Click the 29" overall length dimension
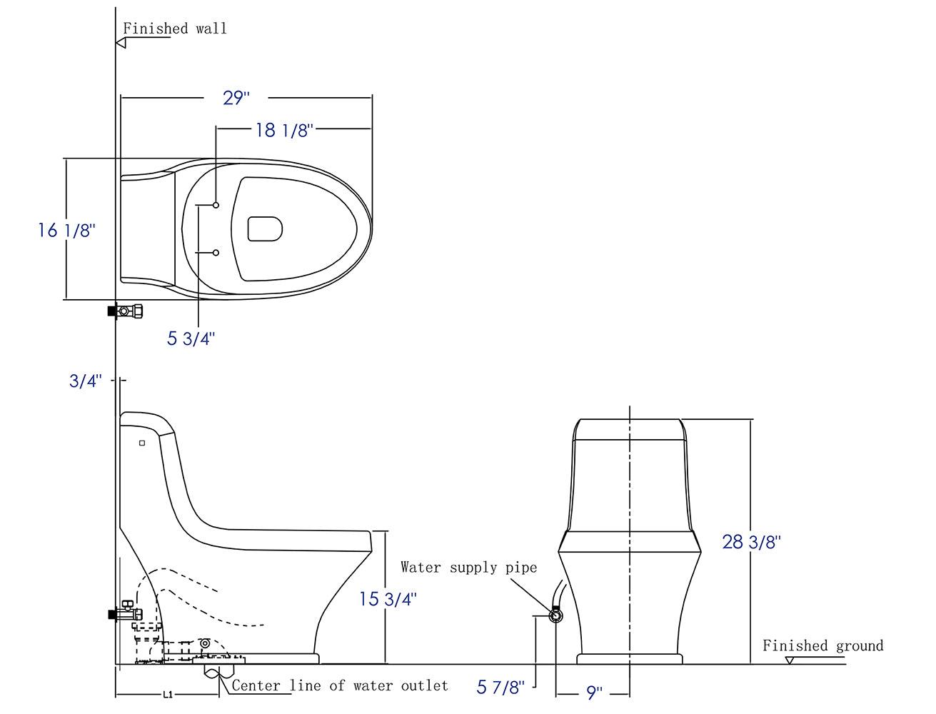[x=236, y=97]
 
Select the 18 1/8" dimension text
[x=284, y=130]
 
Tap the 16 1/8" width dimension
[x=66, y=231]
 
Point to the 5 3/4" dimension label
[x=191, y=338]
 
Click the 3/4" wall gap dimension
[x=86, y=381]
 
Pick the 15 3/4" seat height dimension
[x=388, y=598]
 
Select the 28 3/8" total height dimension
[x=752, y=542]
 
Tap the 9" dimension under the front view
[x=594, y=692]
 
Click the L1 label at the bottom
[x=167, y=694]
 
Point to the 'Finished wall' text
[x=175, y=29]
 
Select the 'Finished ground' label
[x=822, y=646]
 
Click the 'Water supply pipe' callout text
[x=468, y=568]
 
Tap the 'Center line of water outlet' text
[x=340, y=686]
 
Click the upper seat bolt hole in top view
[x=216, y=206]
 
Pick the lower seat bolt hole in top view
[x=216, y=252]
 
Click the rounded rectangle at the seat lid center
[x=265, y=228]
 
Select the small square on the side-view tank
[x=142, y=443]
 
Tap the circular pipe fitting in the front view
[x=555, y=615]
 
